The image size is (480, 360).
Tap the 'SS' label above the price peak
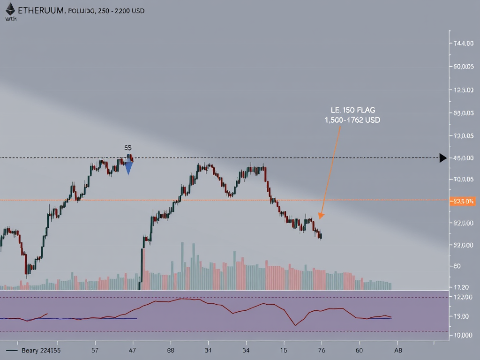(128, 147)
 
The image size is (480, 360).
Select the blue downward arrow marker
(128, 167)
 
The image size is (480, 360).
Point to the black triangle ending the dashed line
(442, 158)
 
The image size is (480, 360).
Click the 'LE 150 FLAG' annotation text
(352, 110)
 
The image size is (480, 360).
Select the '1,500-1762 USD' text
(352, 120)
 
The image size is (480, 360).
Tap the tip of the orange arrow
(320, 218)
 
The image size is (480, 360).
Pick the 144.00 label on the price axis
(463, 44)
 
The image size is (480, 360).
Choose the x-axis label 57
(95, 350)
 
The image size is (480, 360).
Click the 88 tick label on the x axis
(171, 350)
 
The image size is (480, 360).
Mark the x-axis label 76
(322, 350)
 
